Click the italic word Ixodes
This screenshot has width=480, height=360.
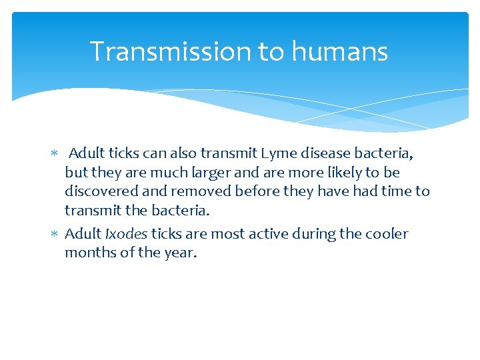[x=126, y=234]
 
